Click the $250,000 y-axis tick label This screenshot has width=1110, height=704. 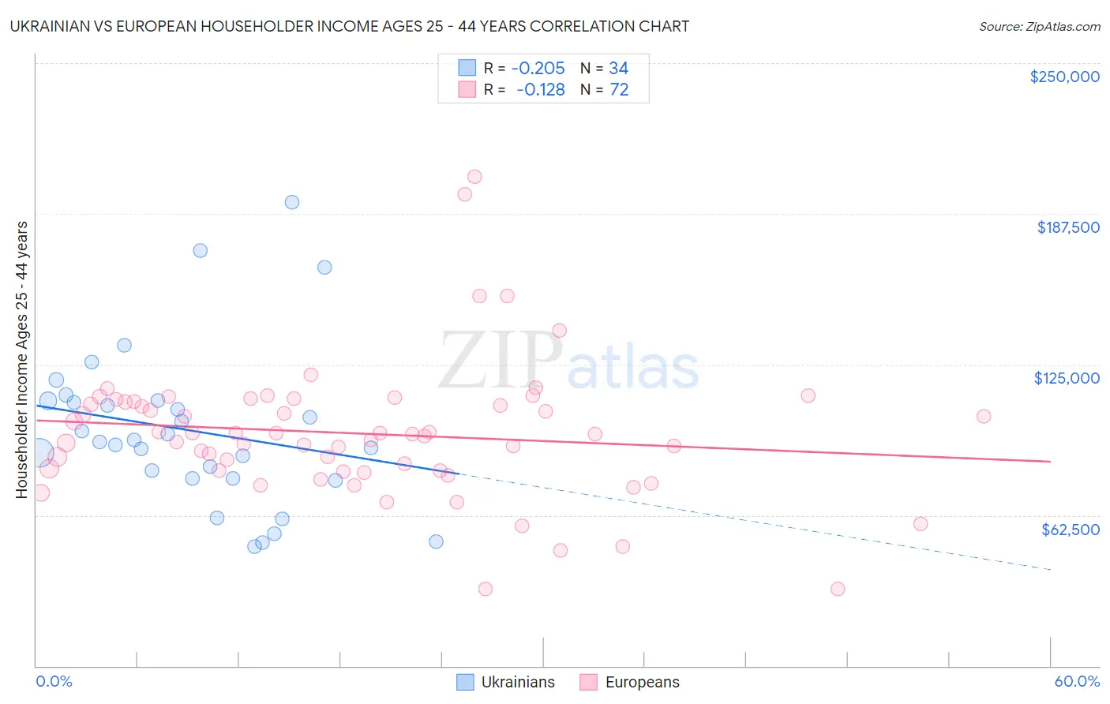[x=1064, y=77]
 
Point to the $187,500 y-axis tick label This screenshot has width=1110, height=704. [x=1067, y=227]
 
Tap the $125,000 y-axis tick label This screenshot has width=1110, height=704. [x=1067, y=378]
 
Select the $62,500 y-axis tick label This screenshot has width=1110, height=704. [x=1070, y=530]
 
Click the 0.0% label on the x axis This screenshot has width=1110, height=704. [x=54, y=681]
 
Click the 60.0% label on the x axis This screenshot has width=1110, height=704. [x=1077, y=681]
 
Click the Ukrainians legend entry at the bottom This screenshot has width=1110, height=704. [x=505, y=682]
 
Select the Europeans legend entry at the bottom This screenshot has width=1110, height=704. [x=629, y=682]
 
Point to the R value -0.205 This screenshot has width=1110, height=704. [x=538, y=68]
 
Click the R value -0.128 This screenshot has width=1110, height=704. [x=541, y=89]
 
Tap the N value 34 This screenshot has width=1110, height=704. [x=618, y=68]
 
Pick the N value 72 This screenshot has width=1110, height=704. [x=619, y=89]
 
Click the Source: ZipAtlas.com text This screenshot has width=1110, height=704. [x=1039, y=26]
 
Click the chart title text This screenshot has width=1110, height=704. [x=349, y=26]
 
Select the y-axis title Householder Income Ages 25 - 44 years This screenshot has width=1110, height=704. [x=21, y=359]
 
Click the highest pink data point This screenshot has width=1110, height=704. [x=474, y=177]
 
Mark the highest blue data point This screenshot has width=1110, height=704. [x=292, y=202]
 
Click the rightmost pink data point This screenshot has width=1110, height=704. [x=984, y=416]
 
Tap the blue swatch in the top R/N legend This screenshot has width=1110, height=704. [x=467, y=68]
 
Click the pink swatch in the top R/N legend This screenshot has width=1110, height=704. [x=467, y=89]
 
